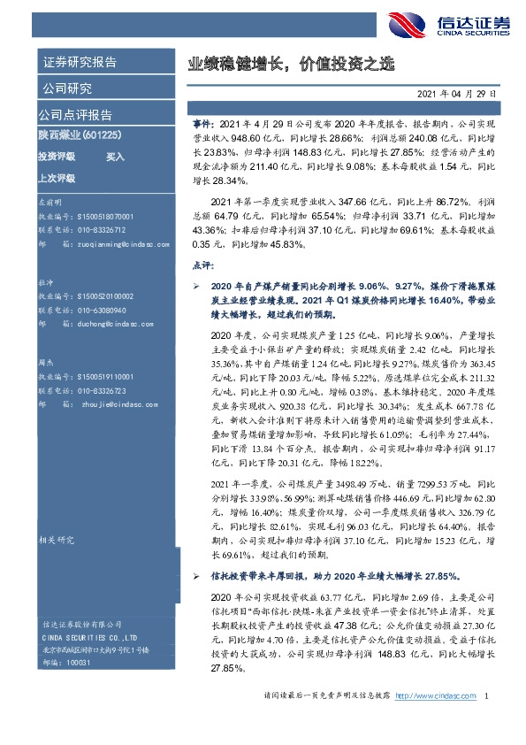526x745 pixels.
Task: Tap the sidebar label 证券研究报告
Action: pos(80,62)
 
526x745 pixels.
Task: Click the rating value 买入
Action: pos(116,156)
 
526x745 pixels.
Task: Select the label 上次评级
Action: pos(56,178)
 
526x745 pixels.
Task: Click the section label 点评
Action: pos(202,264)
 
